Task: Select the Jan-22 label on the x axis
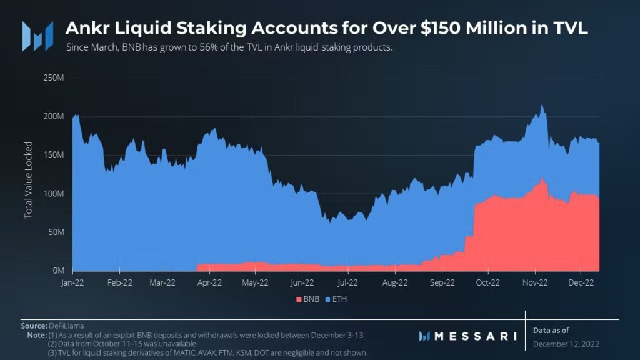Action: (73, 282)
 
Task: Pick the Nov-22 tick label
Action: (535, 282)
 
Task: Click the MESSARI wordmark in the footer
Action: (474, 336)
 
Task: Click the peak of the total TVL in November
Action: (541, 105)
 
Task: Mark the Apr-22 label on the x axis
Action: (210, 282)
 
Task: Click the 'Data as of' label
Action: (551, 329)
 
